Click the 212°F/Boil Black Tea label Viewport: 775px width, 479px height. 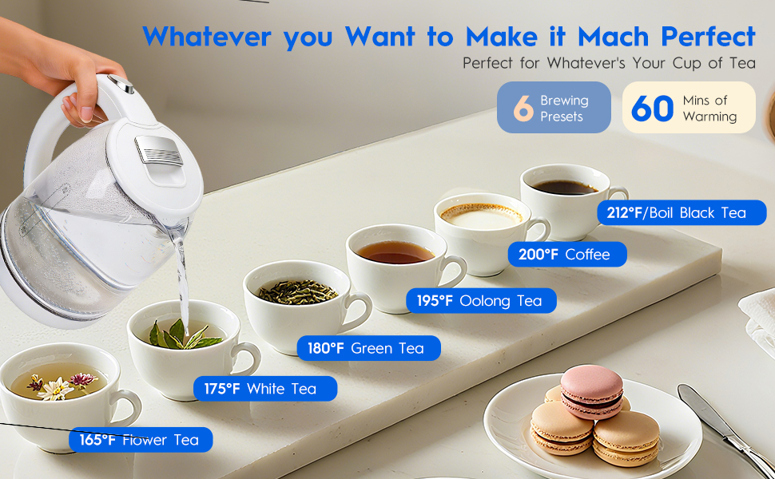click(x=682, y=213)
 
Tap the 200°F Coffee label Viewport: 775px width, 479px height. click(x=567, y=255)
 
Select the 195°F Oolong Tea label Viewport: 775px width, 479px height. click(x=482, y=301)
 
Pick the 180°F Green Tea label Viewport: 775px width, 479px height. click(x=368, y=348)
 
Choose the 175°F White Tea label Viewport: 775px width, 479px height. click(x=265, y=389)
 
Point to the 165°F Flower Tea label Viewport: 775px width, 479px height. click(x=141, y=440)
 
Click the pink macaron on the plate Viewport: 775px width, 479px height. click(x=591, y=392)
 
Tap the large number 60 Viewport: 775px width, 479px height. click(x=653, y=108)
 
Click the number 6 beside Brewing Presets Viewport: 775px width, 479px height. click(x=523, y=108)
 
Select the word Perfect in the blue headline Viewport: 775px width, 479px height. click(x=708, y=37)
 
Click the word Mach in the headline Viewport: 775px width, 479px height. click(x=613, y=37)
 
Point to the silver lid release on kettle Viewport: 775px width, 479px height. click(x=159, y=151)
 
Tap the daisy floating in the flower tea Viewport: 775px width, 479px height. click(x=56, y=389)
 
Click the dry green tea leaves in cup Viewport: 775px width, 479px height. click(x=297, y=292)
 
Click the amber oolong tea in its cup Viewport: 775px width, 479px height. click(x=395, y=251)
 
